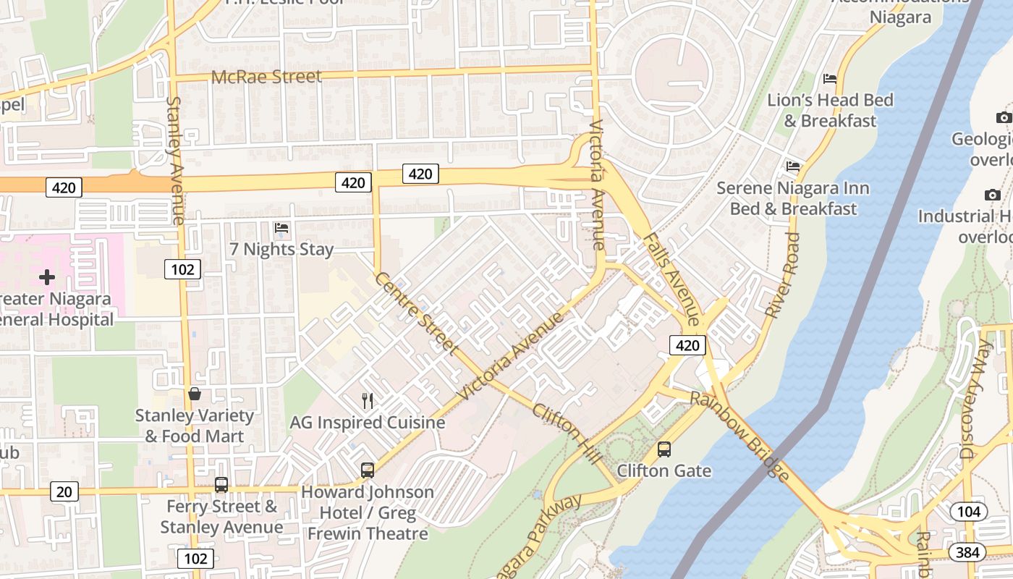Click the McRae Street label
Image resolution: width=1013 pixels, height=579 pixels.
[266, 76]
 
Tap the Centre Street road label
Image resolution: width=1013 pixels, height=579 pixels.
[416, 313]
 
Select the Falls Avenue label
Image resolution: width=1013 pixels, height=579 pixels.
[671, 279]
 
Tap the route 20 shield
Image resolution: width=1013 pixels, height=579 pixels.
[64, 492]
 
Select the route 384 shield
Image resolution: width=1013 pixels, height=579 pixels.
[966, 553]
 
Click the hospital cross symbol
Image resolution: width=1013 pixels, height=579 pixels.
[47, 277]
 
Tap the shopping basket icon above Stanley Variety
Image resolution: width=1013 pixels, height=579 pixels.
[195, 394]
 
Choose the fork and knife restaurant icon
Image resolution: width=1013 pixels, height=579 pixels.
[368, 401]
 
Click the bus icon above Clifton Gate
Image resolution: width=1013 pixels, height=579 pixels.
[664, 449]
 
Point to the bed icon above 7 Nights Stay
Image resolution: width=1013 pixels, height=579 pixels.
[281, 228]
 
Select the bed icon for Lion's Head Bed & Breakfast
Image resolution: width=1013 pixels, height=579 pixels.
[830, 79]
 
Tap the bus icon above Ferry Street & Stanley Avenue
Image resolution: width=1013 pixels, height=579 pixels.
[221, 485]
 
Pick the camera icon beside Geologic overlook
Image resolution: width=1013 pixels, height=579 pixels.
[1003, 117]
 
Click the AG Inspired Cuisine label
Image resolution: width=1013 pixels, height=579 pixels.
[368, 422]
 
